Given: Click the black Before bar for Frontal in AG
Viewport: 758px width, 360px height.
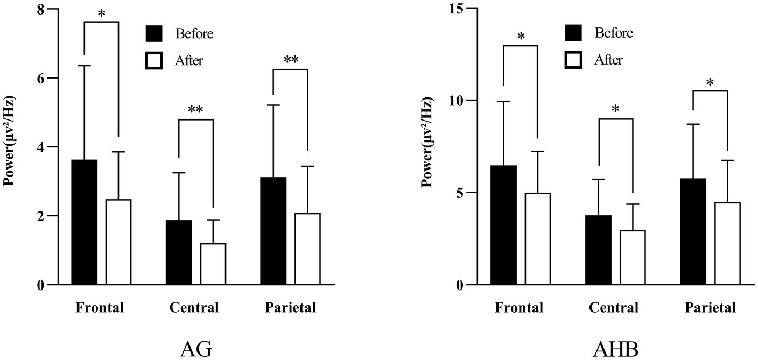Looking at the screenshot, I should tap(85, 222).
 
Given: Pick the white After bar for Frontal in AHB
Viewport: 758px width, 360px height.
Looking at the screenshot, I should tap(537, 238).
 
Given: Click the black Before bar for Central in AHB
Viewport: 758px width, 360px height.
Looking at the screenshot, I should tap(598, 250).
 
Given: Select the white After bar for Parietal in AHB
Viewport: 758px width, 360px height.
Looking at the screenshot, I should tap(727, 243).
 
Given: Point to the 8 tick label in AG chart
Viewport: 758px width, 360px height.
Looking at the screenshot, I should tap(41, 9).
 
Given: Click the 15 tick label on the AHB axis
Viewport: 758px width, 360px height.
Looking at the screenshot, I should tap(456, 8).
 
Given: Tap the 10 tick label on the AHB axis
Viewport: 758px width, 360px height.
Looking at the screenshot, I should tap(456, 100).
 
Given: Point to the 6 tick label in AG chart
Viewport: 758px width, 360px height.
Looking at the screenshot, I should tap(41, 78).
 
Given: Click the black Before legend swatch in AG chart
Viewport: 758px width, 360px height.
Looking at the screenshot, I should tap(154, 33).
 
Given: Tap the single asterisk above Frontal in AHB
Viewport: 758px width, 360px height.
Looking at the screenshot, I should tap(521, 37).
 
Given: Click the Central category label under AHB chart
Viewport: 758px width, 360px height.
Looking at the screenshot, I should tap(614, 308).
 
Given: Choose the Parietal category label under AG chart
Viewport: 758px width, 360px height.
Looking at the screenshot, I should tap(290, 308).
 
